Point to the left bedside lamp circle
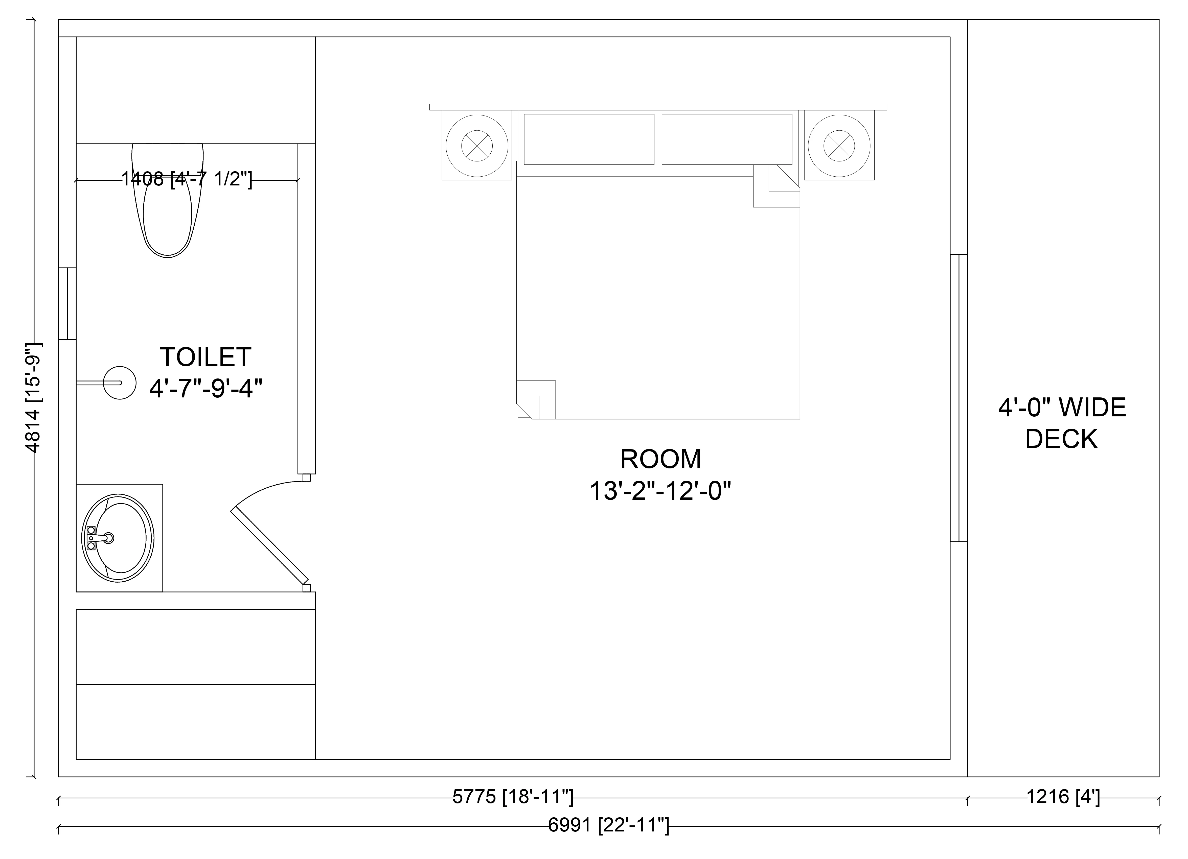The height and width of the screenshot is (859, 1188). pyautogui.click(x=477, y=146)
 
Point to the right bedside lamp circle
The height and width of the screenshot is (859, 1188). pyautogui.click(x=839, y=146)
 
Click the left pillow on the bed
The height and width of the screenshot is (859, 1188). pyautogui.click(x=589, y=139)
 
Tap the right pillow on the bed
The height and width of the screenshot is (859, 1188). pyautogui.click(x=727, y=139)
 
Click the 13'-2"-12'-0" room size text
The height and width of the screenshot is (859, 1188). pyautogui.click(x=660, y=491)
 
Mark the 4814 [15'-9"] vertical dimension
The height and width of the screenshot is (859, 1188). pyautogui.click(x=32, y=398)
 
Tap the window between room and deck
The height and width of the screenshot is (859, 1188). pyautogui.click(x=958, y=398)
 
